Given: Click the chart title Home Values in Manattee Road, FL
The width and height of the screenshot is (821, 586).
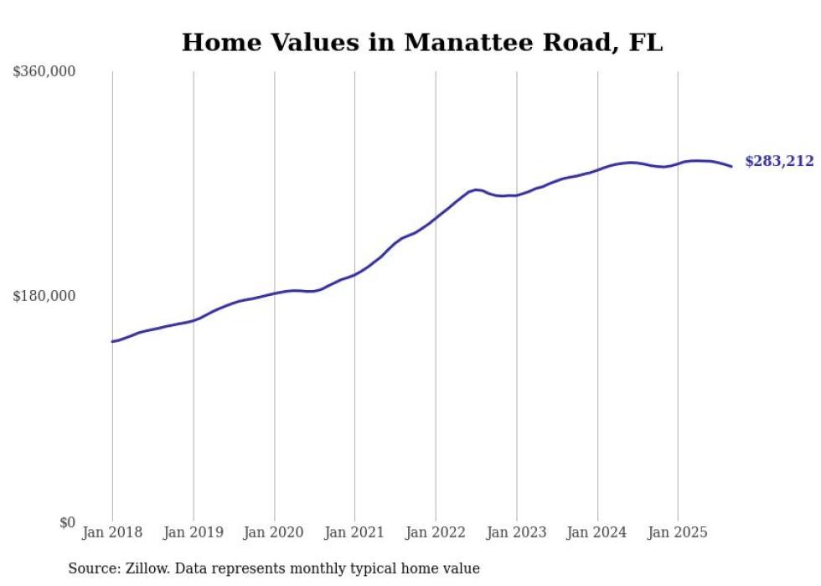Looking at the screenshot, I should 421,43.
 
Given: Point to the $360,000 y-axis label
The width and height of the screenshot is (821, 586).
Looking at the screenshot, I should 44,72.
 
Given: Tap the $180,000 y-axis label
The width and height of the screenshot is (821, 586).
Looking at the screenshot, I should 44,296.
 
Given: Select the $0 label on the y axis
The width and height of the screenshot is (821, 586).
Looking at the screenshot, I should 67,522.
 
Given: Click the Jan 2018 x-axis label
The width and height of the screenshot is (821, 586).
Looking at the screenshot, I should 112,532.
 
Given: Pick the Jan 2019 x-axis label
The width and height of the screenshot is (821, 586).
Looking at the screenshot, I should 194,532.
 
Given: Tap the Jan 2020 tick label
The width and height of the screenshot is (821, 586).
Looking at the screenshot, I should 274,532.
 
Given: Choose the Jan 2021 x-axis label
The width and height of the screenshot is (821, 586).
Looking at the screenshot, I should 354,532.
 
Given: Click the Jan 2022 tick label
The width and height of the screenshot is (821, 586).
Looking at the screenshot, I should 436,532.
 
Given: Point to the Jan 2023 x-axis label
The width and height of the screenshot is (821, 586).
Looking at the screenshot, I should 516,532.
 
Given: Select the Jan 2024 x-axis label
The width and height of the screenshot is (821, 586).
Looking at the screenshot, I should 597,532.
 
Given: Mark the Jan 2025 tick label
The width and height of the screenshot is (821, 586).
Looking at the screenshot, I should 678,532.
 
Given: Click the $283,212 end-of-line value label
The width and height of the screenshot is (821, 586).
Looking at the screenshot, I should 779,161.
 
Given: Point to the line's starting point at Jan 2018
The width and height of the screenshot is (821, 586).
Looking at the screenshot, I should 112,341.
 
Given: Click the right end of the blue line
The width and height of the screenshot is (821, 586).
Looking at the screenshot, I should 731,166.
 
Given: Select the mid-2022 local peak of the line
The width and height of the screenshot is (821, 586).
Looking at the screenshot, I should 476,189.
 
